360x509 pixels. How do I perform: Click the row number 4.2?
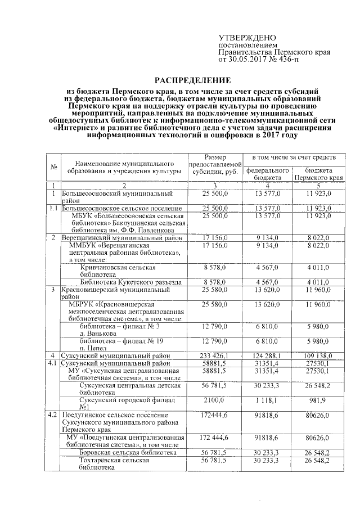(x=53, y=415)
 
